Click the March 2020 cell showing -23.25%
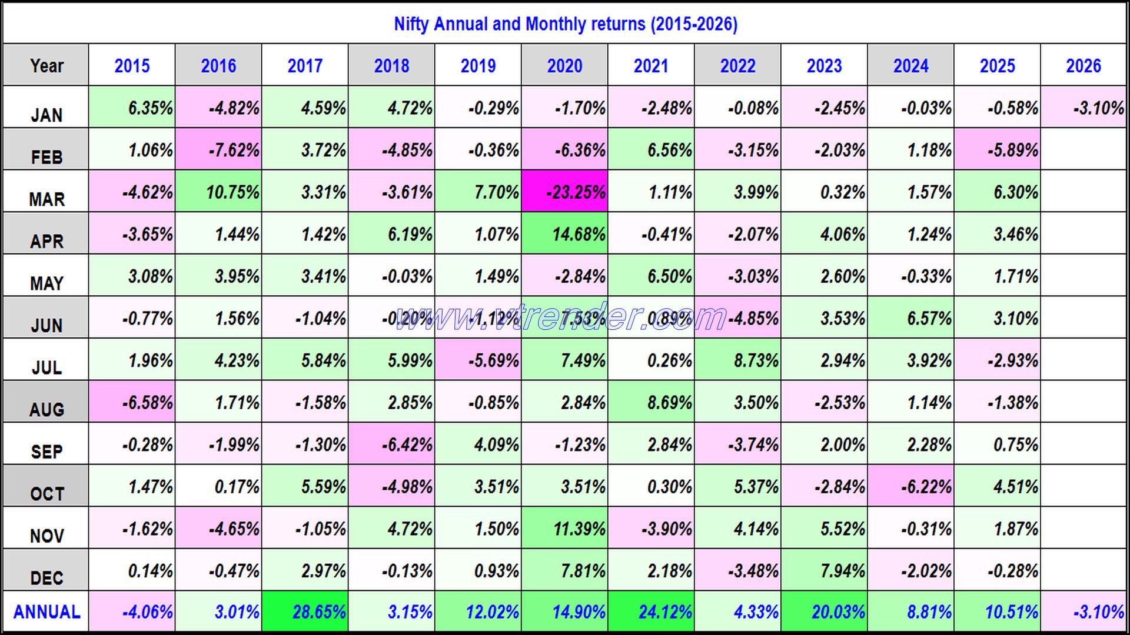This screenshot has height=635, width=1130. [564, 192]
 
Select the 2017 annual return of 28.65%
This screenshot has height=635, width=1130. [305, 612]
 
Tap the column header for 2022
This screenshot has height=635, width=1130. [737, 65]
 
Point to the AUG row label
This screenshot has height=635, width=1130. [46, 409]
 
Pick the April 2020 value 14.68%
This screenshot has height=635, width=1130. [564, 234]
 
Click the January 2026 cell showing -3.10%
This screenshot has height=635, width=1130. [1084, 108]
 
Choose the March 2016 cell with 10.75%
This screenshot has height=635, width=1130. [218, 192]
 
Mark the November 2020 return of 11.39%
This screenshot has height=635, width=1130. [564, 529]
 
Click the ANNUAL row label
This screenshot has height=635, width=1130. [46, 612]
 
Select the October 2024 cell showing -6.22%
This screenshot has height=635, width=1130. [910, 486]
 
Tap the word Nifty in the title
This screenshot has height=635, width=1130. [411, 24]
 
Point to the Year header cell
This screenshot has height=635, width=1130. [46, 65]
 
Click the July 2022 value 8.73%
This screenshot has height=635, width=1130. [737, 360]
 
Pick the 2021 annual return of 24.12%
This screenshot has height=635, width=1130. [651, 612]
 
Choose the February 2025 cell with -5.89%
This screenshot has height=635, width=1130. [997, 150]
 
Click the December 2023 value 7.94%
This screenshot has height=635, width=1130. [824, 570]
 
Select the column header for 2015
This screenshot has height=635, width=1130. [132, 65]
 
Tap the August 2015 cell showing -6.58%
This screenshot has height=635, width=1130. [132, 402]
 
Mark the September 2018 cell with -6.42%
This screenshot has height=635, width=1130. [391, 444]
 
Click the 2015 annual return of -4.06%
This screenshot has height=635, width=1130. [132, 612]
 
